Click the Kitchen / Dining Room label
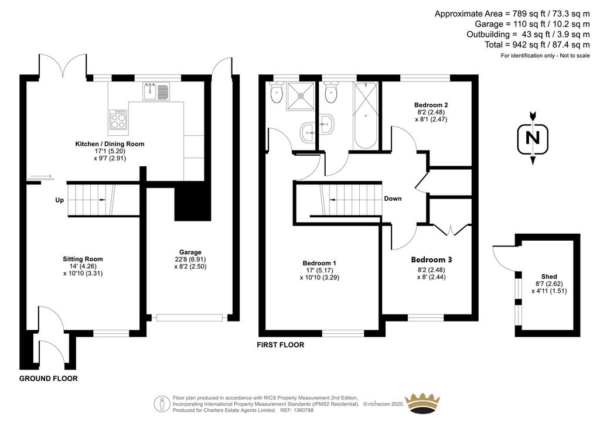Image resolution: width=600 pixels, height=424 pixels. (110, 144)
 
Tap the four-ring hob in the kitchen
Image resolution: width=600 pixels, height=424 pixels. (118, 119)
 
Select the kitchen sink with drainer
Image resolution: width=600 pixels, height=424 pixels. (156, 91)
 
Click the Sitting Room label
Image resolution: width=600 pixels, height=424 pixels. (83, 259)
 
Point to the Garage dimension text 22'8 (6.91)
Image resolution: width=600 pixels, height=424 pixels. (190, 259)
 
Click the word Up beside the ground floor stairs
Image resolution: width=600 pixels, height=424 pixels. (60, 200)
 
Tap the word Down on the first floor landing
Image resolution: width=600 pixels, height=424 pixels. (393, 199)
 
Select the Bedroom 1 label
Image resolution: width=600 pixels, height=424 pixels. (319, 263)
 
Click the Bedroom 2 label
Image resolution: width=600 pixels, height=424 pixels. (431, 105)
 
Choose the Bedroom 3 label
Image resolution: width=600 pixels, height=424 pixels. (432, 259)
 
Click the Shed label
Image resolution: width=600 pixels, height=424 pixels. (549, 276)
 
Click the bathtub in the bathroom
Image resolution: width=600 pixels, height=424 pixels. (366, 115)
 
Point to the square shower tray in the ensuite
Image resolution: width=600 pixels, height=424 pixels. (301, 97)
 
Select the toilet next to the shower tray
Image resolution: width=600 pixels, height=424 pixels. (277, 92)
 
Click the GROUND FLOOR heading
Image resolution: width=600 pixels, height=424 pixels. (49, 378)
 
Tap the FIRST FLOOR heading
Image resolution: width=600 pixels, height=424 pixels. (281, 345)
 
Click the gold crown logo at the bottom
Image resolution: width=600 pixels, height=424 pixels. (422, 404)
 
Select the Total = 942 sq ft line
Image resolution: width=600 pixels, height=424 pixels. (537, 45)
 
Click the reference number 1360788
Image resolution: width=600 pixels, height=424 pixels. (302, 410)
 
